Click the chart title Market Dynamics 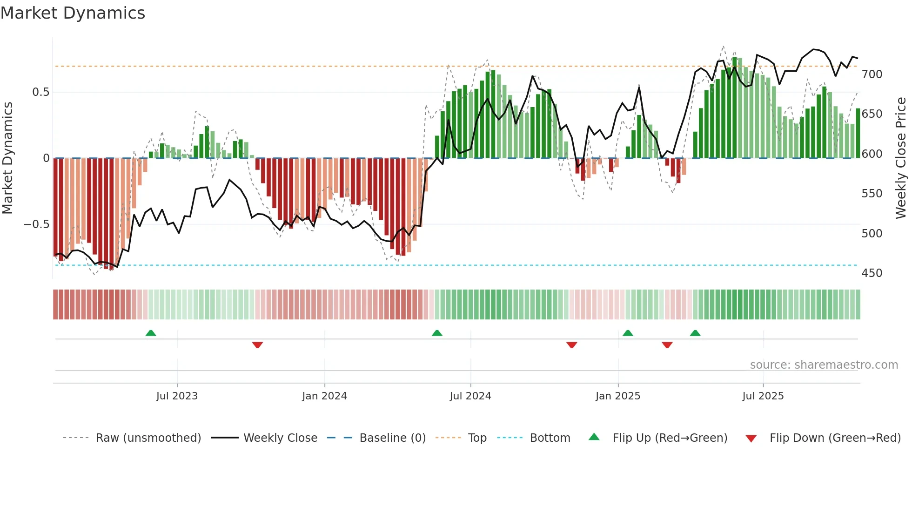pyautogui.click(x=73, y=13)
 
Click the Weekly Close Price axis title pyautogui.click(x=901, y=158)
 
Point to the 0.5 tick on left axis pyautogui.click(x=40, y=92)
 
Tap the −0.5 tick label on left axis pyautogui.click(x=37, y=224)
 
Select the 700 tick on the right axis pyautogui.click(x=872, y=74)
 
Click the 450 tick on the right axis pyautogui.click(x=872, y=273)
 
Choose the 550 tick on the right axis pyautogui.click(x=872, y=194)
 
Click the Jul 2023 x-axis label pyautogui.click(x=177, y=396)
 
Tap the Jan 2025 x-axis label pyautogui.click(x=617, y=396)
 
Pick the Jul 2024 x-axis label pyautogui.click(x=470, y=396)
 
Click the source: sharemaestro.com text pyautogui.click(x=824, y=365)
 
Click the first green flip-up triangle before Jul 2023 pyautogui.click(x=151, y=333)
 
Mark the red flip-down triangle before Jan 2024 pyautogui.click(x=257, y=345)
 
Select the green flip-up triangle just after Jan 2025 pyautogui.click(x=628, y=333)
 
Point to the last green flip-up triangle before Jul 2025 pyautogui.click(x=695, y=333)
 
